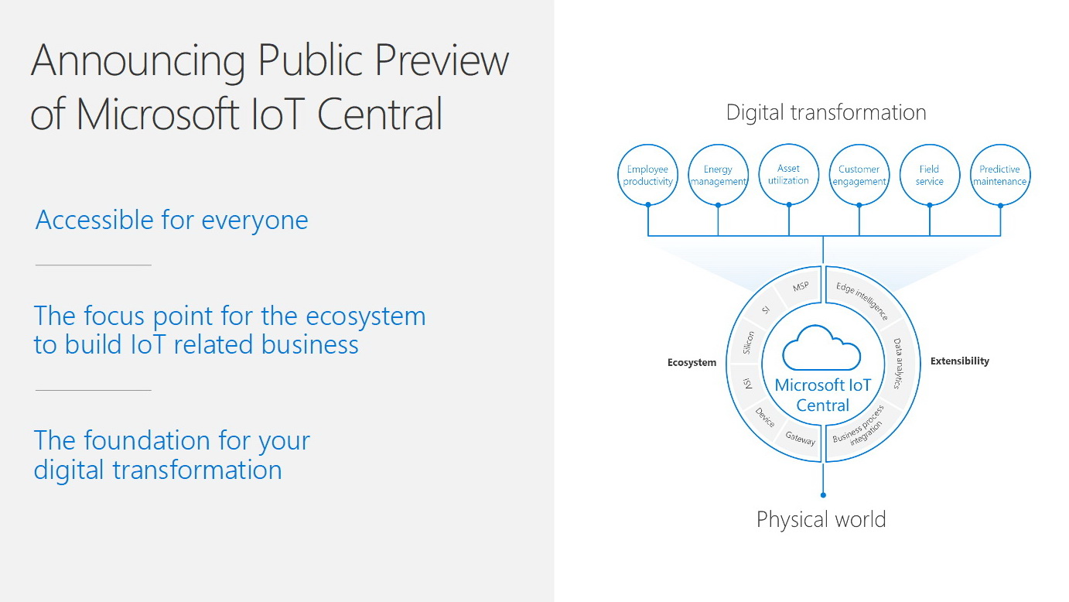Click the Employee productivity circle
pyautogui.click(x=647, y=175)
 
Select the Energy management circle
pyautogui.click(x=719, y=175)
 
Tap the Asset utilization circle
pyautogui.click(x=788, y=174)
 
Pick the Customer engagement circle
pyautogui.click(x=859, y=175)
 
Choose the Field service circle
pyautogui.click(x=930, y=175)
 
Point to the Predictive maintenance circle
pyautogui.click(x=1000, y=175)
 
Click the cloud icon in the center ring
pyautogui.click(x=821, y=348)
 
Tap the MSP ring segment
pyautogui.click(x=799, y=288)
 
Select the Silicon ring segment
pyautogui.click(x=748, y=343)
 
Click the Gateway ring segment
pyautogui.click(x=800, y=439)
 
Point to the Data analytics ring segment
pyautogui.click(x=899, y=364)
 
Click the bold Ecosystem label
pyautogui.click(x=692, y=362)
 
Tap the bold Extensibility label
pyautogui.click(x=960, y=361)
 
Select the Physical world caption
pyautogui.click(x=821, y=519)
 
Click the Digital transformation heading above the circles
pyautogui.click(x=826, y=113)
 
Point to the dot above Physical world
pyautogui.click(x=823, y=495)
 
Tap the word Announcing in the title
pyautogui.click(x=138, y=61)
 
